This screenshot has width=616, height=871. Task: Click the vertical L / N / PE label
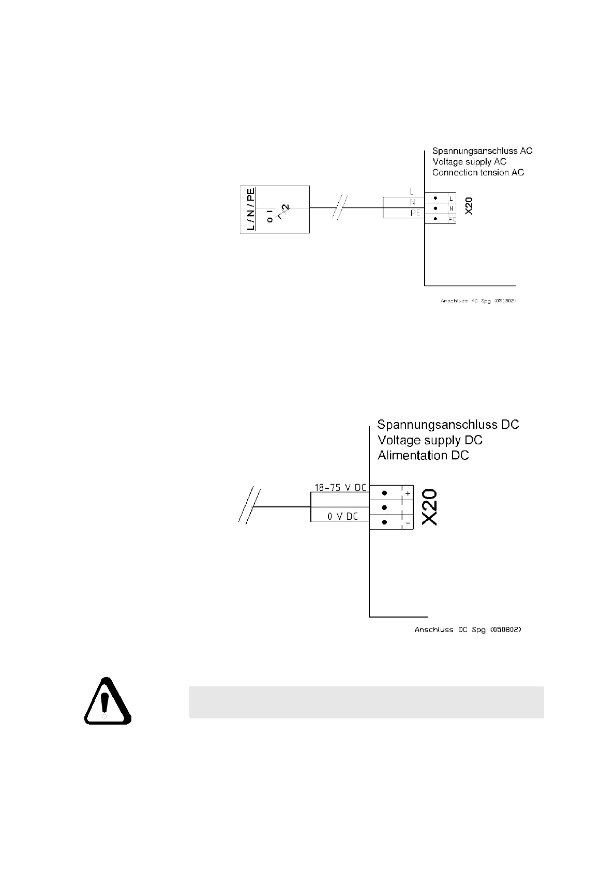(x=251, y=209)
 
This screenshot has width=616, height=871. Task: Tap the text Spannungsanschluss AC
(x=482, y=151)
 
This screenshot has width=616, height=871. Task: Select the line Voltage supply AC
(x=469, y=162)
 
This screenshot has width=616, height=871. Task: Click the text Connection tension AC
(x=478, y=172)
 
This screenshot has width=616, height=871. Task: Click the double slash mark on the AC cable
(x=340, y=207)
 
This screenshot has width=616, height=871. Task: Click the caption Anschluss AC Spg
(x=478, y=300)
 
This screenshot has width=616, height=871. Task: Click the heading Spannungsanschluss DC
(x=448, y=425)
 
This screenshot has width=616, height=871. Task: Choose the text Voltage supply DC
(x=430, y=440)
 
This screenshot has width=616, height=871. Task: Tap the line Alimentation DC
(x=423, y=456)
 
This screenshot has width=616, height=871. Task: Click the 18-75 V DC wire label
(x=340, y=487)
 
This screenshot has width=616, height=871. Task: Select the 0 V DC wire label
(x=342, y=516)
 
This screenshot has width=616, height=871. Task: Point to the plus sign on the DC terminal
(x=408, y=494)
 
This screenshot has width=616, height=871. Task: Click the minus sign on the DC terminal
(x=408, y=523)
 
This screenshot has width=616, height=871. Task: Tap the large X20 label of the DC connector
(x=430, y=508)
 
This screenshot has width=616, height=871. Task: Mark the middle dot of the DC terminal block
(x=384, y=507)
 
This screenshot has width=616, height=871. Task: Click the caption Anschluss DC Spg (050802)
(x=468, y=630)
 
